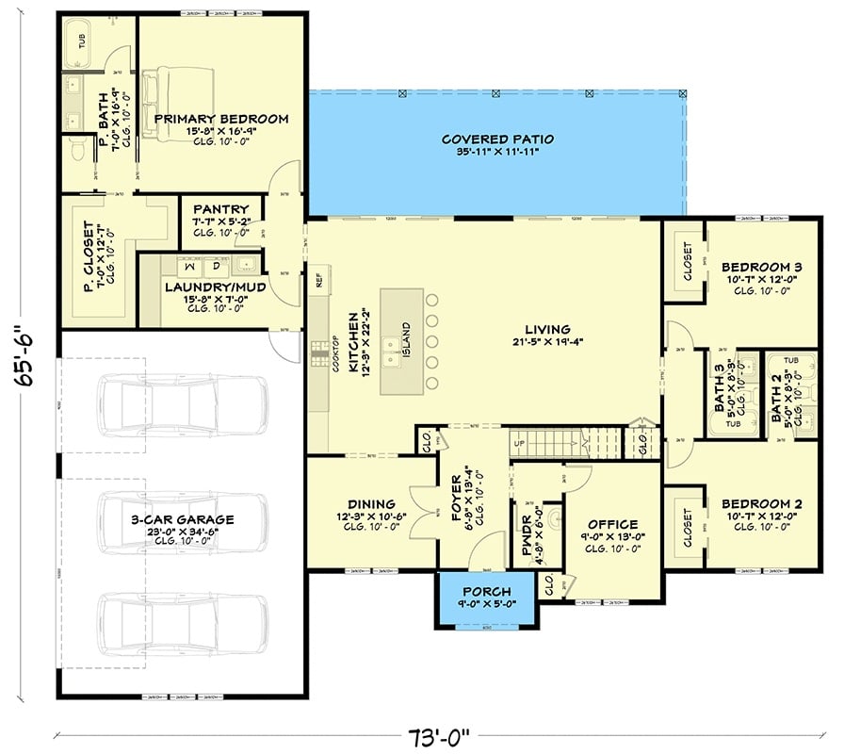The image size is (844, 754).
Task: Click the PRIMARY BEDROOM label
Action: [220, 119]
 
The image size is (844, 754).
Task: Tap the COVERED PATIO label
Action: [497, 139]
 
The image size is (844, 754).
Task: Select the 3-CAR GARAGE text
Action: [184, 519]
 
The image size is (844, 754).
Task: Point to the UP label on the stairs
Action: [519, 442]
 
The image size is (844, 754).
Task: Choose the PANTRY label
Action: [220, 209]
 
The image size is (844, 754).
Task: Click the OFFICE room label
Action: [612, 525]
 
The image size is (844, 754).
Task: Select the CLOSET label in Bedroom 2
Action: [687, 526]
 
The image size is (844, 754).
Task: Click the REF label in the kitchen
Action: [318, 279]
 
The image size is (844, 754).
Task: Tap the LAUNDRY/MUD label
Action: [215, 287]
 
